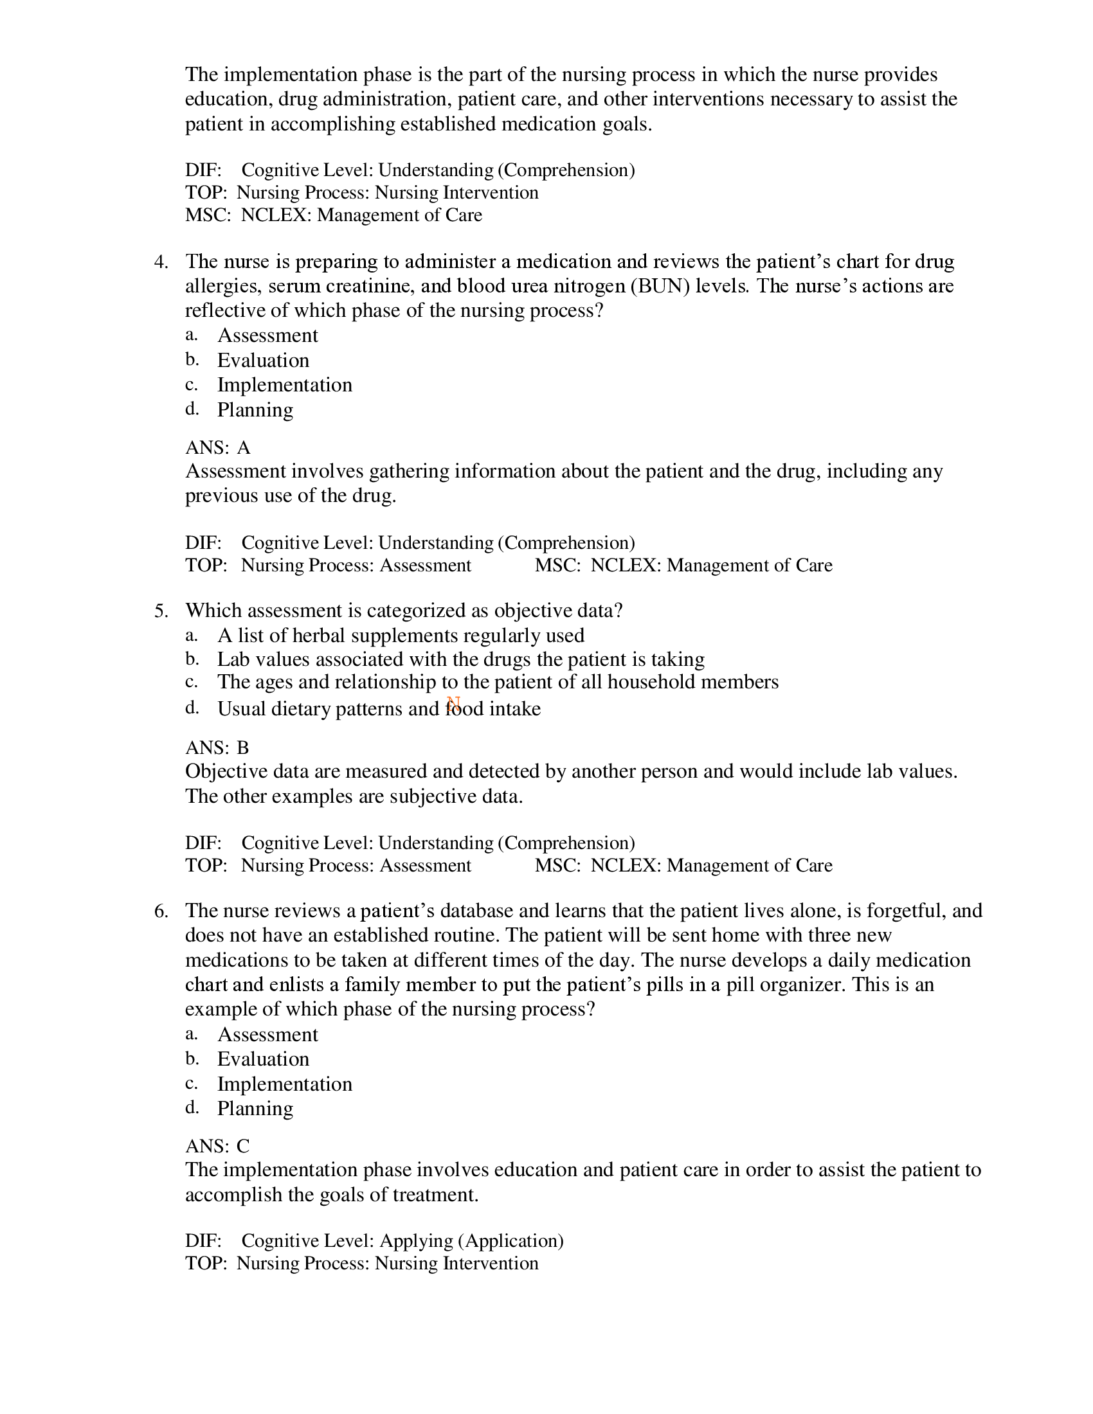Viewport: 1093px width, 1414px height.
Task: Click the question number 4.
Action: coord(161,262)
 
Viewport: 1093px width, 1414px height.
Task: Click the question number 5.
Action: coord(161,611)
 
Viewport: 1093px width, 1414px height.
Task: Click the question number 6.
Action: coord(161,911)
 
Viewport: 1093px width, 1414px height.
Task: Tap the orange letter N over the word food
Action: coord(453,703)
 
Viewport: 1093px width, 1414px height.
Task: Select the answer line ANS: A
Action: coord(217,448)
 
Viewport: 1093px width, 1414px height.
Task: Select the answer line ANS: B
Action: coord(217,748)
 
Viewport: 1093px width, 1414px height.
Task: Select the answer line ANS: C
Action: coord(217,1147)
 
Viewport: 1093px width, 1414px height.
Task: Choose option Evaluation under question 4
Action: coord(263,361)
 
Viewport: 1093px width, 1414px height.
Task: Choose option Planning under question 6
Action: coord(255,1109)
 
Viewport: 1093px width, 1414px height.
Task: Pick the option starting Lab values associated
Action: coord(460,659)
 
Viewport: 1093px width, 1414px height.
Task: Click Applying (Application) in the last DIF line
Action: coord(471,1241)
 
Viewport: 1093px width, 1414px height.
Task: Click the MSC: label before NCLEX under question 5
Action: coord(557,866)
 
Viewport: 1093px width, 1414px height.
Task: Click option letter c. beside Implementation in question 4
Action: coord(191,384)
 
